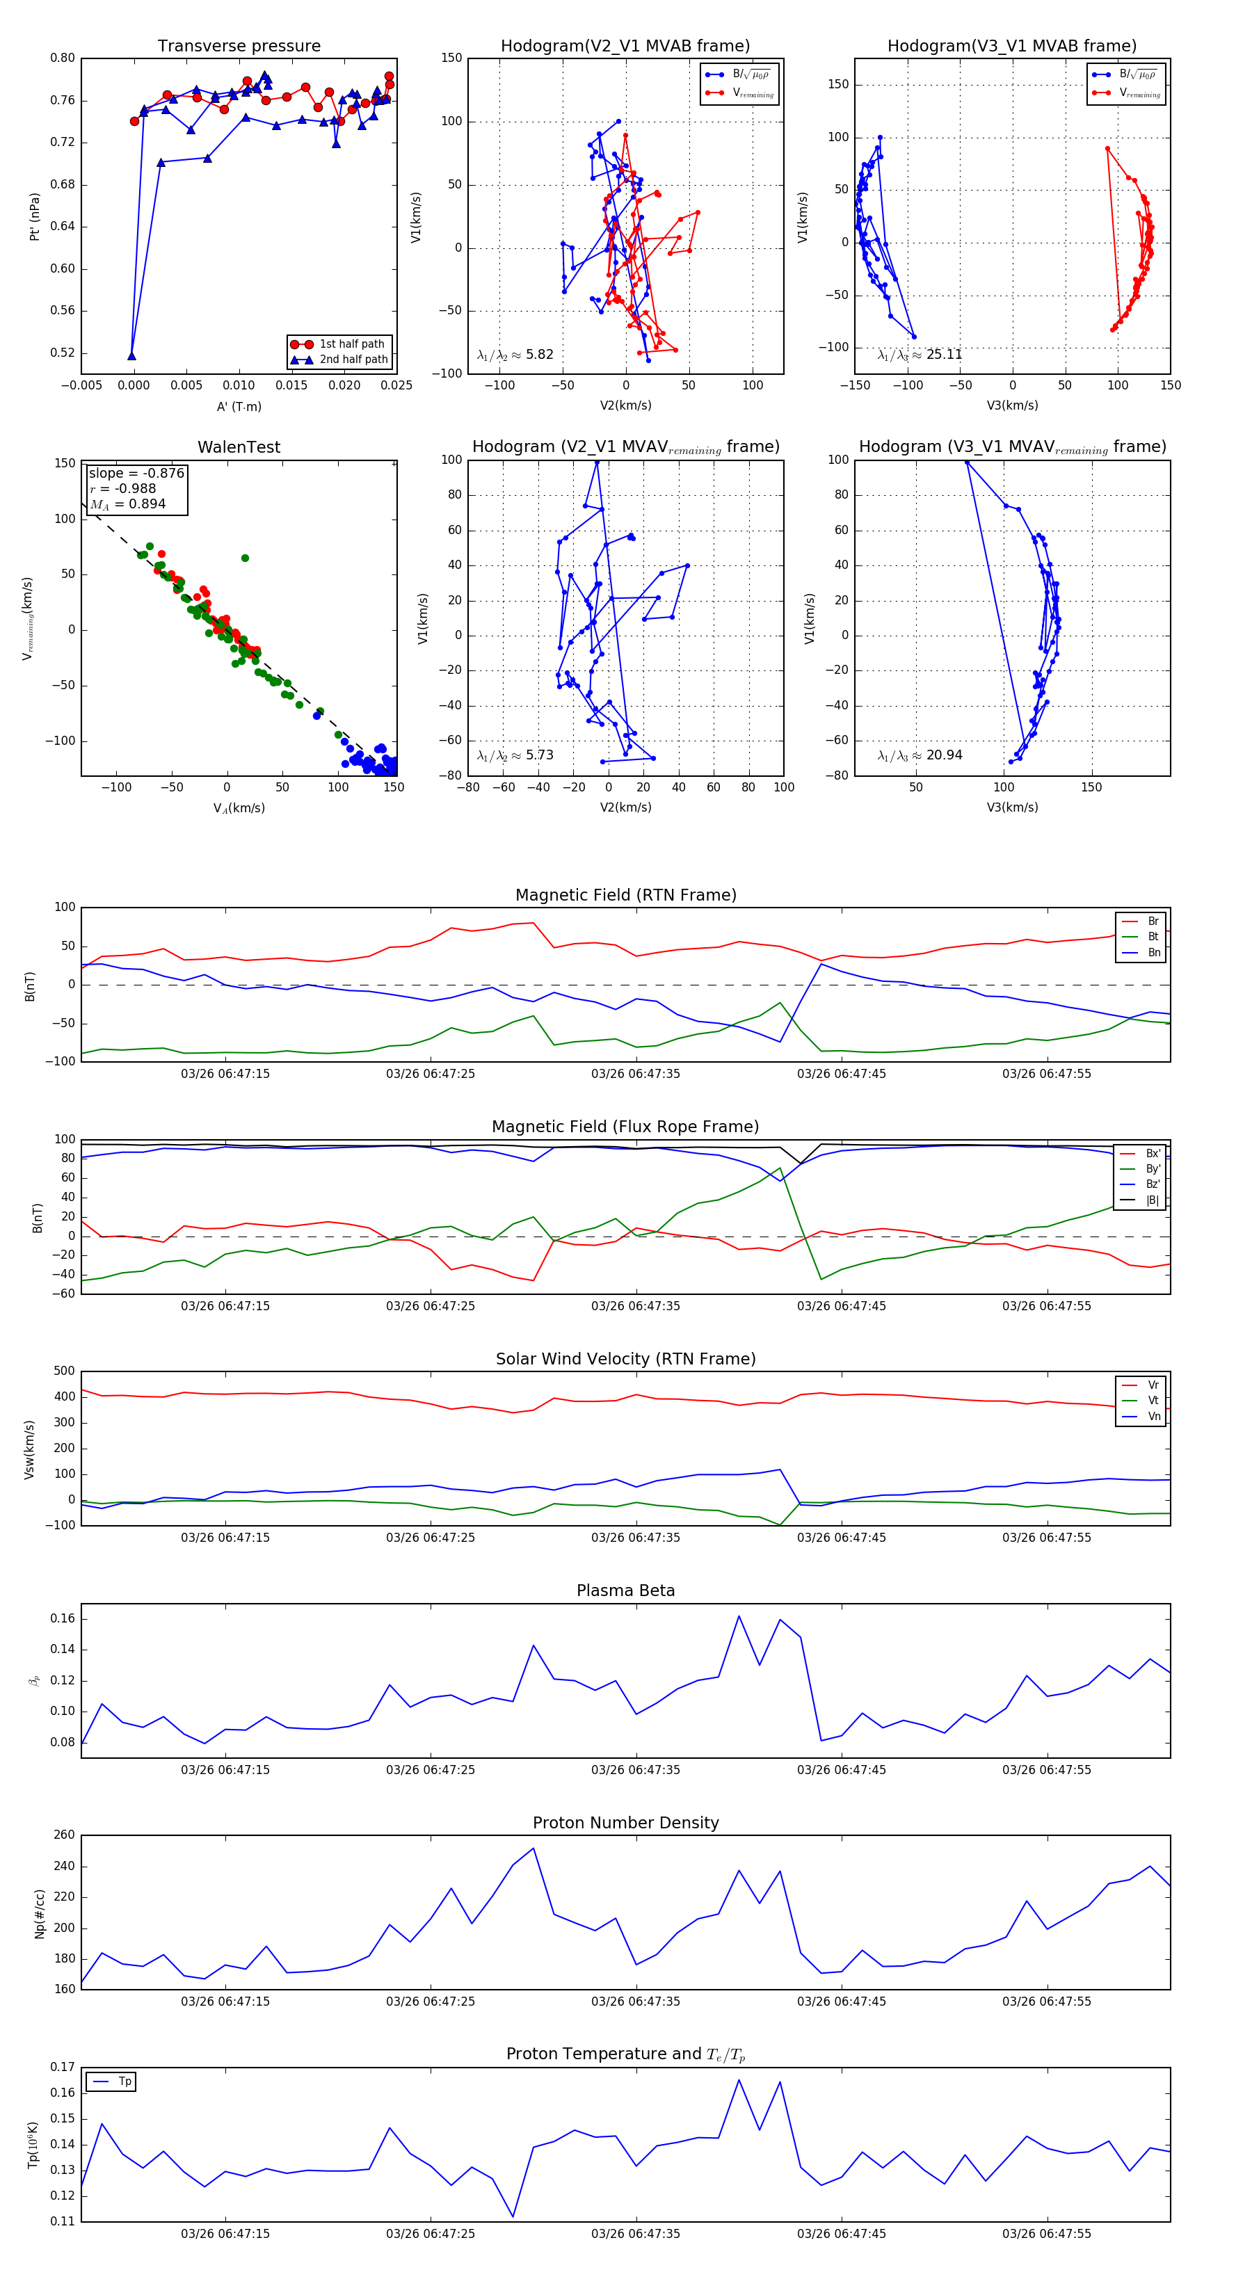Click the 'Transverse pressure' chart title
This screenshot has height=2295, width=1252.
pyautogui.click(x=239, y=47)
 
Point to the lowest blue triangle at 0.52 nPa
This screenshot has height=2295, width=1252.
pyautogui.click(x=132, y=356)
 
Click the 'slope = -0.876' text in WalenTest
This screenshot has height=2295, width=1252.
pyautogui.click(x=136, y=473)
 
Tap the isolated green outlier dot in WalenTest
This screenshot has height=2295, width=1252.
pyautogui.click(x=245, y=558)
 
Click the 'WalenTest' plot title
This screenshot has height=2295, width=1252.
pyautogui.click(x=239, y=447)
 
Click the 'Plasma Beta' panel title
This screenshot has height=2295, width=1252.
pyautogui.click(x=625, y=1591)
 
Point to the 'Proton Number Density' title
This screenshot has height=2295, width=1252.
pyautogui.click(x=625, y=1823)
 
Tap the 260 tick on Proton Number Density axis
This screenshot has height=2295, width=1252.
pyautogui.click(x=64, y=1835)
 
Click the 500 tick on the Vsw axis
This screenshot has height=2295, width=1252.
pyautogui.click(x=64, y=1371)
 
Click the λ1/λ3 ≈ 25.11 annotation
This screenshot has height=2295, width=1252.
pyautogui.click(x=920, y=355)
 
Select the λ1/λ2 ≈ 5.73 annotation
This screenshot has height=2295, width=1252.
pyautogui.click(x=515, y=755)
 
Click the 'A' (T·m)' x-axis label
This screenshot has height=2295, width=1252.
pyautogui.click(x=239, y=407)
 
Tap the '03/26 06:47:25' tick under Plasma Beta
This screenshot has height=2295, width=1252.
pyautogui.click(x=431, y=1769)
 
